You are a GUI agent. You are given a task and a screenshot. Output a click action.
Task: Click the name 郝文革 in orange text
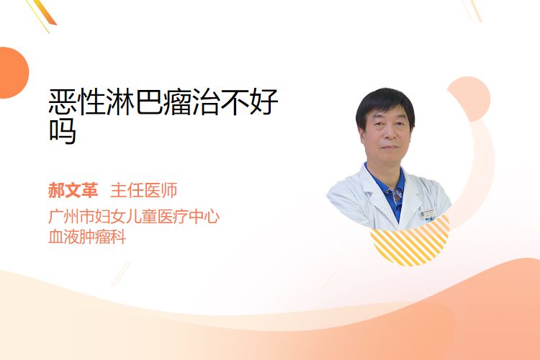coord(73,191)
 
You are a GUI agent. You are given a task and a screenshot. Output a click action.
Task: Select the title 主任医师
coord(144,191)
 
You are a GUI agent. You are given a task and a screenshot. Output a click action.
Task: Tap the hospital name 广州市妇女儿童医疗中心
coord(134,217)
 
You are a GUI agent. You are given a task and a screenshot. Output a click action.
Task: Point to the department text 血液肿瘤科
coord(87,237)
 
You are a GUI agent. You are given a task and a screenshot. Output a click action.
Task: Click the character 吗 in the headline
coord(63,131)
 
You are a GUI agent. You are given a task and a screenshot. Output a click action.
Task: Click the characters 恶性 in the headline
coord(77,102)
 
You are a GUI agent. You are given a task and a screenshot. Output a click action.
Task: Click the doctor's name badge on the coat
coord(428,215)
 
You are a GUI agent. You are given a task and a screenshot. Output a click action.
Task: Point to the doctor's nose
coord(390,132)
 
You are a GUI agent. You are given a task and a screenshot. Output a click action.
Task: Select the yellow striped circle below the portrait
coord(410,241)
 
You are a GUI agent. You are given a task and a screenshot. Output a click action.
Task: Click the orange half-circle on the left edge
coord(13,73)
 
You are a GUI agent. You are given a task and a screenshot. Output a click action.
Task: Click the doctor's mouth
coord(390,148)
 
